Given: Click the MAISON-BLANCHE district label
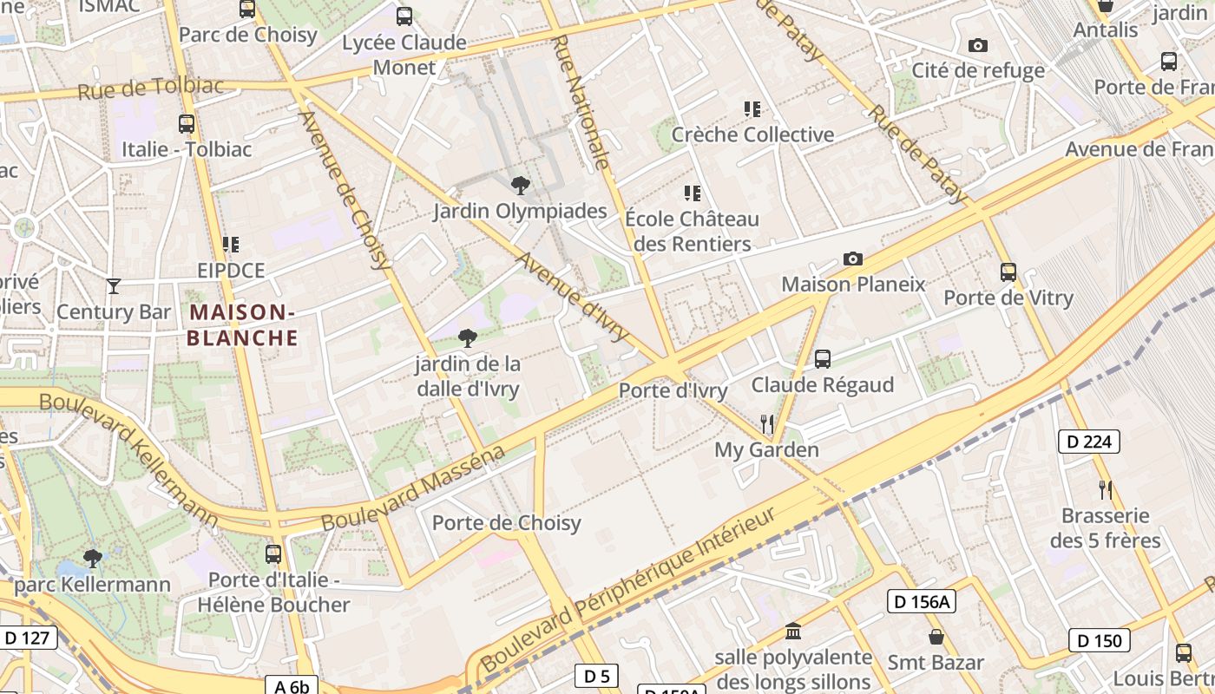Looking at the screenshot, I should pos(242,324).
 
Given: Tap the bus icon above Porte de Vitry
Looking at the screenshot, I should pos(1008,272).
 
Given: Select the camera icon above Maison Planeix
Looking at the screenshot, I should pos(853,259).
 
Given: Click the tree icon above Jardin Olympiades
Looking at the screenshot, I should pos(520,185).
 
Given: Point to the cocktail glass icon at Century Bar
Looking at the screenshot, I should pos(114,285).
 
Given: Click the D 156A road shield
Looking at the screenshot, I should pos(921,601).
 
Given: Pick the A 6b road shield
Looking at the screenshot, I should pos(292,686).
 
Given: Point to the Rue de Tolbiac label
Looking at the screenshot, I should pos(150,88).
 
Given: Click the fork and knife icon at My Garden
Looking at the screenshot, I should pos(766,423).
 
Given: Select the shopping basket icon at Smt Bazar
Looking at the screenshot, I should pos(936,637).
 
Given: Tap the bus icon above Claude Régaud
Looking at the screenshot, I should pos(823,358).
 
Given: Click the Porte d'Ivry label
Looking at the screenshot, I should pos(673,391).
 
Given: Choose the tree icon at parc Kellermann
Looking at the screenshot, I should pos(93,558).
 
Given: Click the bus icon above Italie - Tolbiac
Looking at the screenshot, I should pos(187,123).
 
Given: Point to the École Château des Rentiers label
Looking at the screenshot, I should pos(692,231).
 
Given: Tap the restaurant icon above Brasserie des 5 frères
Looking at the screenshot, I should pos(1105,490).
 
